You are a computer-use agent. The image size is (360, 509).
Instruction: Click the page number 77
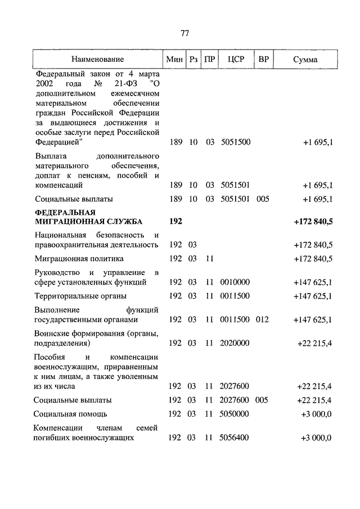[x=184, y=33]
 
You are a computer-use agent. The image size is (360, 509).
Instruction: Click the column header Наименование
[x=97, y=59]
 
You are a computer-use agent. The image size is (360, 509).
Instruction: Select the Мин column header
[x=173, y=59]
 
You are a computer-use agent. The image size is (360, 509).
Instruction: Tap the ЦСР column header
[x=236, y=59]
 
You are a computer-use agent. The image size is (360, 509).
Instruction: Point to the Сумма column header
[x=305, y=59]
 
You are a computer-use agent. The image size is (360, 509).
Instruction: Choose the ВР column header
[x=263, y=59]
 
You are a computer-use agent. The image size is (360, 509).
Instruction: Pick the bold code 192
[x=175, y=222]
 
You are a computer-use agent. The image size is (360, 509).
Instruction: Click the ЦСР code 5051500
[x=236, y=143]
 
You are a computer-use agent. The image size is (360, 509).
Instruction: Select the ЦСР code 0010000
[x=236, y=282]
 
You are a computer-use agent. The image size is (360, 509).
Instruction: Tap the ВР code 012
[x=262, y=319]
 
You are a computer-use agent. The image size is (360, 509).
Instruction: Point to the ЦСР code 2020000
[x=236, y=343]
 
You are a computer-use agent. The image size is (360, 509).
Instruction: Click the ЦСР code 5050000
[x=236, y=414]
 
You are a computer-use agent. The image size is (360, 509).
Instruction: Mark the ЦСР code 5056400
[x=236, y=438]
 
